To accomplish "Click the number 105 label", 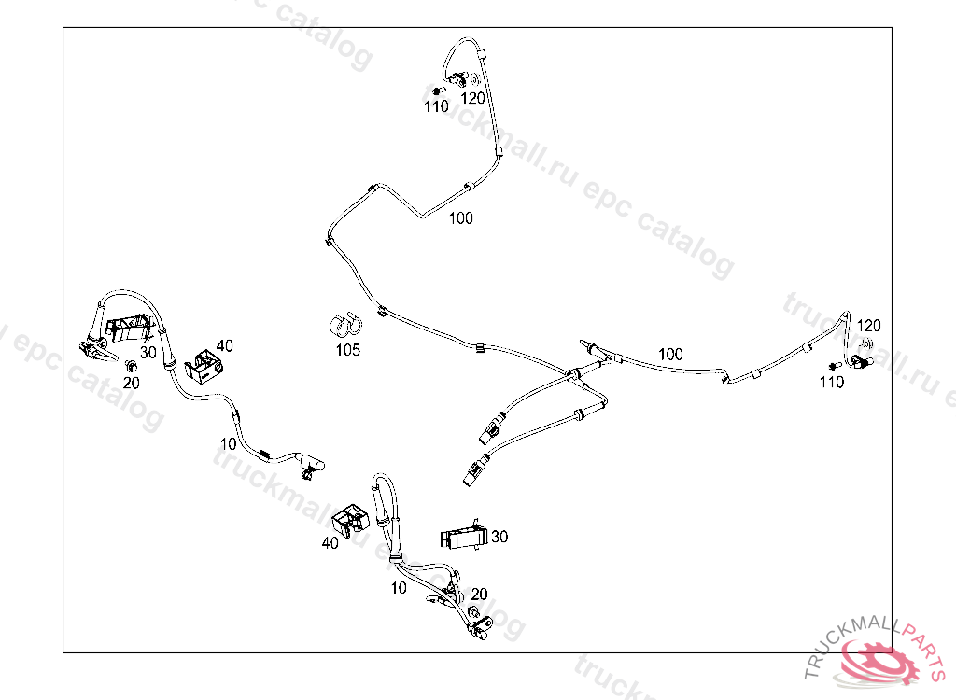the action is click(x=348, y=351).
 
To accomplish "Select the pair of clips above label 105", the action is click(x=348, y=326).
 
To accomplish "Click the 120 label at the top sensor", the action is click(x=473, y=97).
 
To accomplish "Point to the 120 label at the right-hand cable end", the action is click(x=869, y=326).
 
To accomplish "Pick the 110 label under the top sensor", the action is click(x=436, y=107).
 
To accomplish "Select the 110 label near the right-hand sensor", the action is click(x=832, y=382).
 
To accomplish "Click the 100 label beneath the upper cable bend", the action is click(x=461, y=218).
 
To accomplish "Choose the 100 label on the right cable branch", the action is click(x=670, y=355).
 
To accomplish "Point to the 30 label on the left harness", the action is click(x=148, y=352).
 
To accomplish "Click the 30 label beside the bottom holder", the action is click(x=499, y=537).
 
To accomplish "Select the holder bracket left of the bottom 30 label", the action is click(x=462, y=538).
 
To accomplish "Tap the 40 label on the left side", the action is click(x=225, y=345).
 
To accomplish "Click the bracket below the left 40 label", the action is click(x=205, y=365).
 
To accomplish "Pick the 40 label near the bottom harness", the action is click(x=330, y=542).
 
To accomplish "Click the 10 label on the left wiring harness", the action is click(x=229, y=443).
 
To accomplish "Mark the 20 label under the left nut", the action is click(x=132, y=382).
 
